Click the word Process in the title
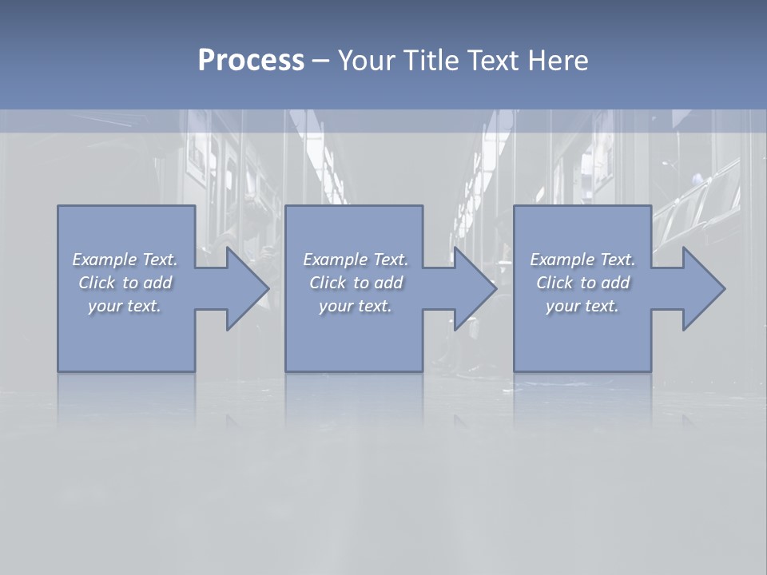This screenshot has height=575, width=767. (251, 61)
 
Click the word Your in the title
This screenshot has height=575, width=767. (366, 61)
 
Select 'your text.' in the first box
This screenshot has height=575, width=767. (125, 306)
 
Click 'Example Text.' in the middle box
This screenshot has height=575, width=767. (355, 260)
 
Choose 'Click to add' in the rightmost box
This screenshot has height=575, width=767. (582, 283)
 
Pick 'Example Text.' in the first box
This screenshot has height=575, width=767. (125, 260)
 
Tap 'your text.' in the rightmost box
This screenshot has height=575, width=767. (582, 306)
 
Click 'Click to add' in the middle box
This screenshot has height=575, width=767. (355, 283)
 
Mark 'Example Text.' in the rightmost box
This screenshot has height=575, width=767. (582, 260)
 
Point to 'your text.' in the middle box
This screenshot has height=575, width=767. (355, 306)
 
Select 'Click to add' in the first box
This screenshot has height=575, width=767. (125, 283)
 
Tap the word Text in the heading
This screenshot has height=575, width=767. (491, 61)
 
